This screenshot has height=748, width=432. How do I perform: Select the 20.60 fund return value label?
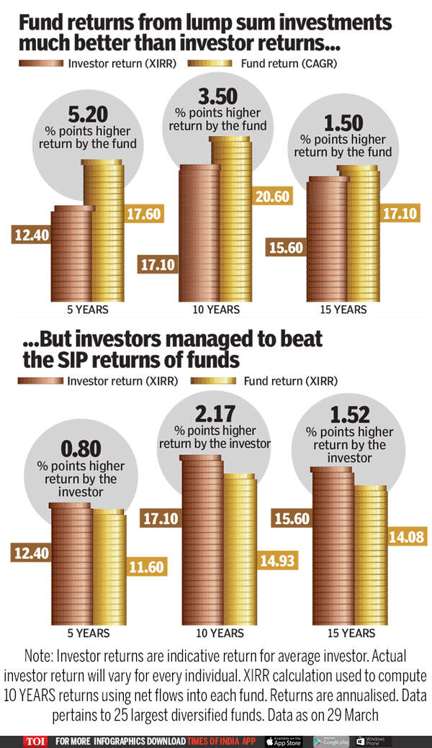click(271, 196)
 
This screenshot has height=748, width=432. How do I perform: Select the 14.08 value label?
click(408, 535)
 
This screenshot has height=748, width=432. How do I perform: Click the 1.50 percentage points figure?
click(343, 121)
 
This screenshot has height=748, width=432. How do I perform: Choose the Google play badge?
click(331, 741)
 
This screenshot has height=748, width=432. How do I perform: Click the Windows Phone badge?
click(374, 741)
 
